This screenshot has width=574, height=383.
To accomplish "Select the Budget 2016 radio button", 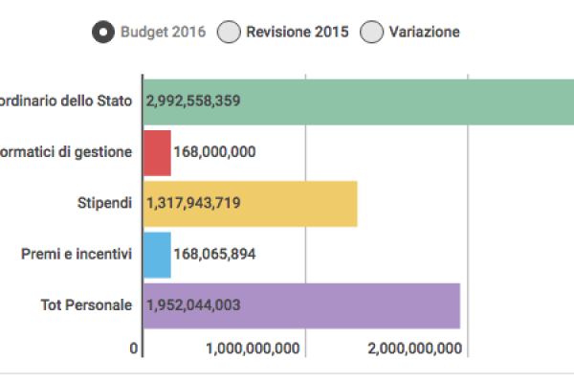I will [x=103, y=33].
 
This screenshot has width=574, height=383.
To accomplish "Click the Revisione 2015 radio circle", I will [x=229, y=33].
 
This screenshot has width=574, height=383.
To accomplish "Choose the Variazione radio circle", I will [x=371, y=33].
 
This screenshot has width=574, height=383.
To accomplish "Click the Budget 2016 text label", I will [x=162, y=33].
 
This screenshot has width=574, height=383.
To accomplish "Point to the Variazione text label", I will [x=424, y=33].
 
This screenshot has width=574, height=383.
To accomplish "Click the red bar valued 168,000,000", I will [x=157, y=152].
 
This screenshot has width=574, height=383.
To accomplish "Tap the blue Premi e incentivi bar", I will [x=157, y=255].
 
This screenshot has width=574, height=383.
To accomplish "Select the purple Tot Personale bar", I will [x=364, y=305].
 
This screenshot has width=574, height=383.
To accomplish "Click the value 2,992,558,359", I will [x=193, y=101].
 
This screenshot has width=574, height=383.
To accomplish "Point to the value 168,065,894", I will [x=214, y=255].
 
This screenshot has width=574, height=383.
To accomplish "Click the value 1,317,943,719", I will [x=193, y=203].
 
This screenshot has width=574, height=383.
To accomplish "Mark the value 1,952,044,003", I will [x=193, y=305].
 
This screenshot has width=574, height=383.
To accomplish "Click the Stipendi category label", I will [x=104, y=203].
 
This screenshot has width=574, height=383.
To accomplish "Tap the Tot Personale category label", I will [x=86, y=305].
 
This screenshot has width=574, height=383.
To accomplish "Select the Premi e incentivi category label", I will [x=77, y=255].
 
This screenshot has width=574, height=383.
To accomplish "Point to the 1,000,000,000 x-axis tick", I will [x=254, y=349].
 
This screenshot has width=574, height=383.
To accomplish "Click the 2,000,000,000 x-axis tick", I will [x=415, y=349].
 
